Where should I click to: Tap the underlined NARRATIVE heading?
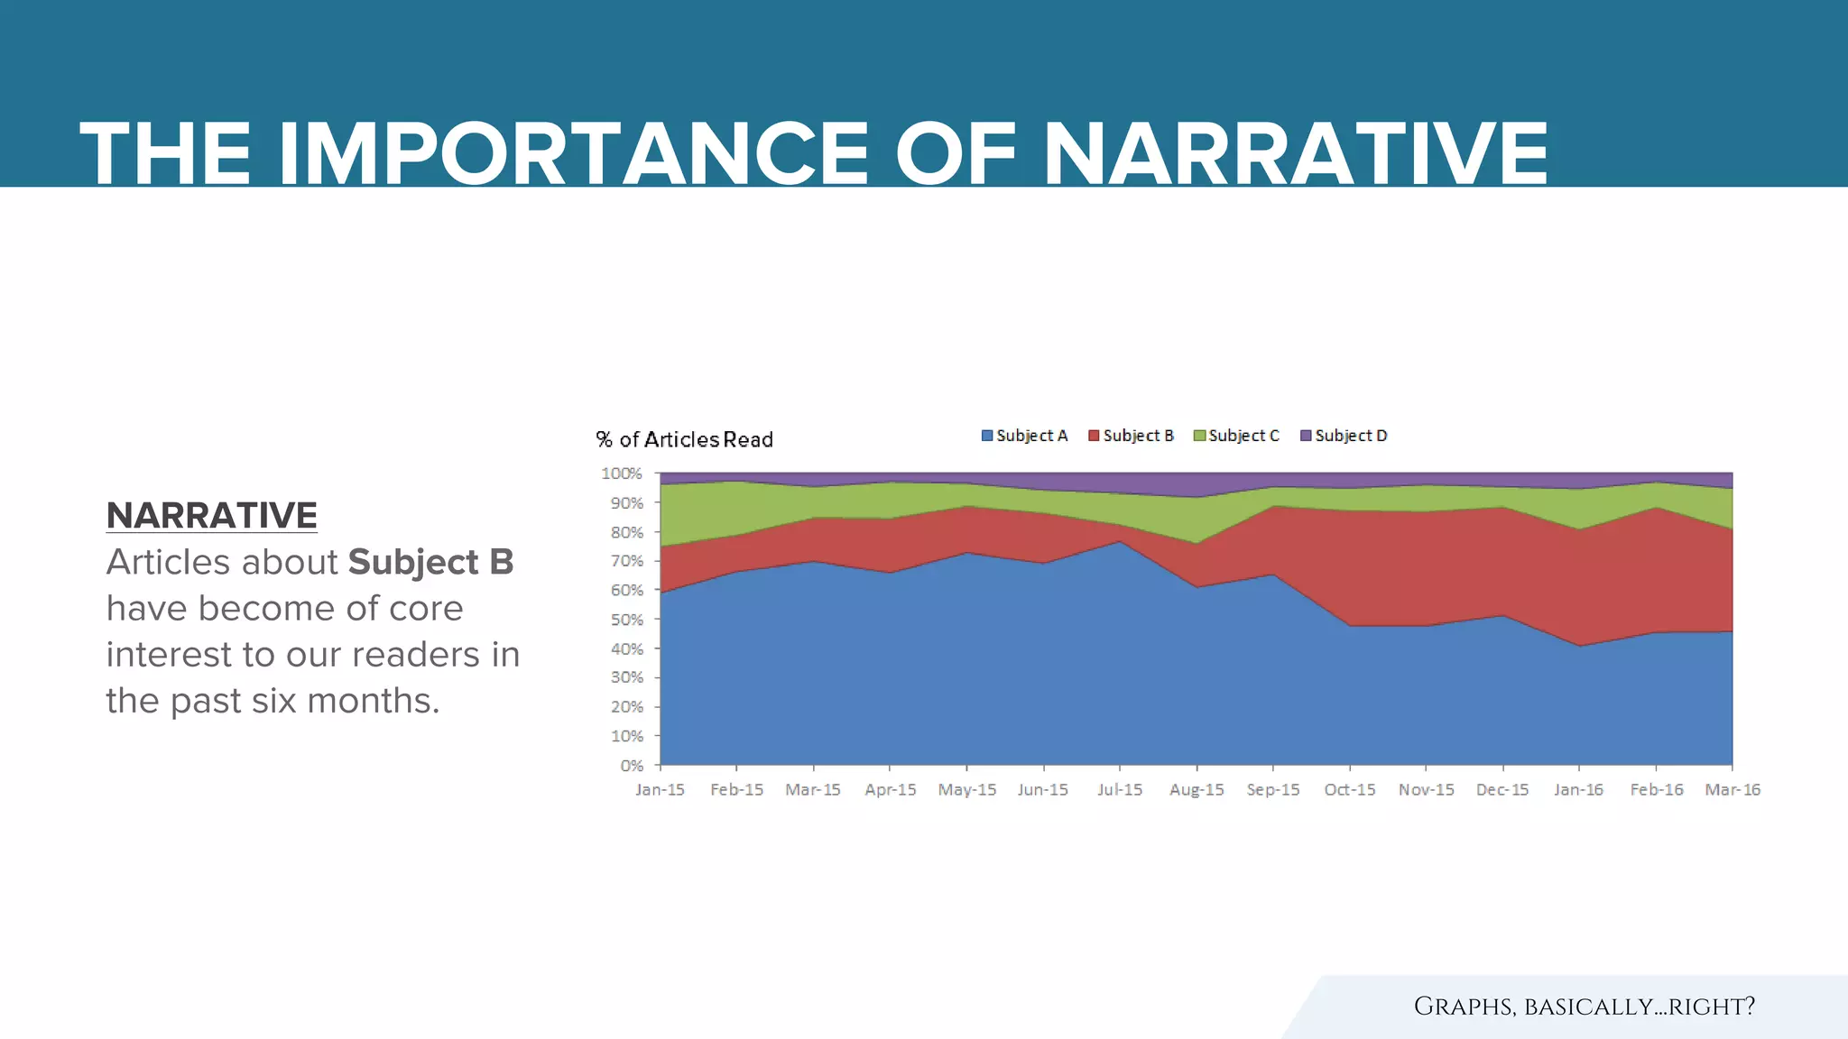[x=211, y=516]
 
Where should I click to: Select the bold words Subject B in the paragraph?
[x=430, y=562]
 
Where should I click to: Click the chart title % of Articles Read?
[x=684, y=440]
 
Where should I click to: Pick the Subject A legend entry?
[x=1024, y=436]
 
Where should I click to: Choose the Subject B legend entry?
[x=1131, y=436]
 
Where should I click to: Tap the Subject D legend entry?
[x=1344, y=436]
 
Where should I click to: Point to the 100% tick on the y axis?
[x=622, y=474]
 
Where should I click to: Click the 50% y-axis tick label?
[x=626, y=620]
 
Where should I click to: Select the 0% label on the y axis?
[x=632, y=766]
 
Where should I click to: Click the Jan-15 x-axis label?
[x=660, y=790]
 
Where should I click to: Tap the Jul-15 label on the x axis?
[x=1120, y=790]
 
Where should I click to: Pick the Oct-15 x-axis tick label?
[x=1350, y=790]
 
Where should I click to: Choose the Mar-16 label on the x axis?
[x=1732, y=790]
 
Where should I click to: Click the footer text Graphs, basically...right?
[x=1584, y=1007]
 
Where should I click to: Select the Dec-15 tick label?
[x=1502, y=790]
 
